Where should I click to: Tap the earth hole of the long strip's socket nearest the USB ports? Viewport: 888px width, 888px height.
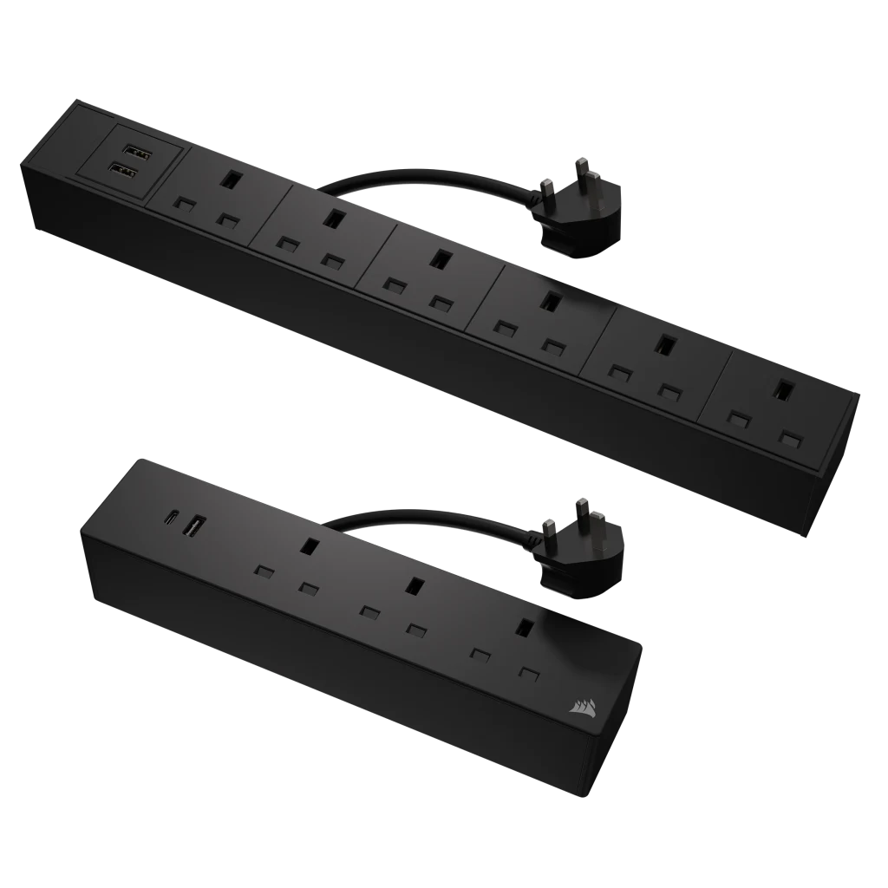click(232, 179)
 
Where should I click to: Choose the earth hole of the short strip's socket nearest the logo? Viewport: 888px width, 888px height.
click(524, 626)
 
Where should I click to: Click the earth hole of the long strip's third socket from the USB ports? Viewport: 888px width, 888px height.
click(441, 258)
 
